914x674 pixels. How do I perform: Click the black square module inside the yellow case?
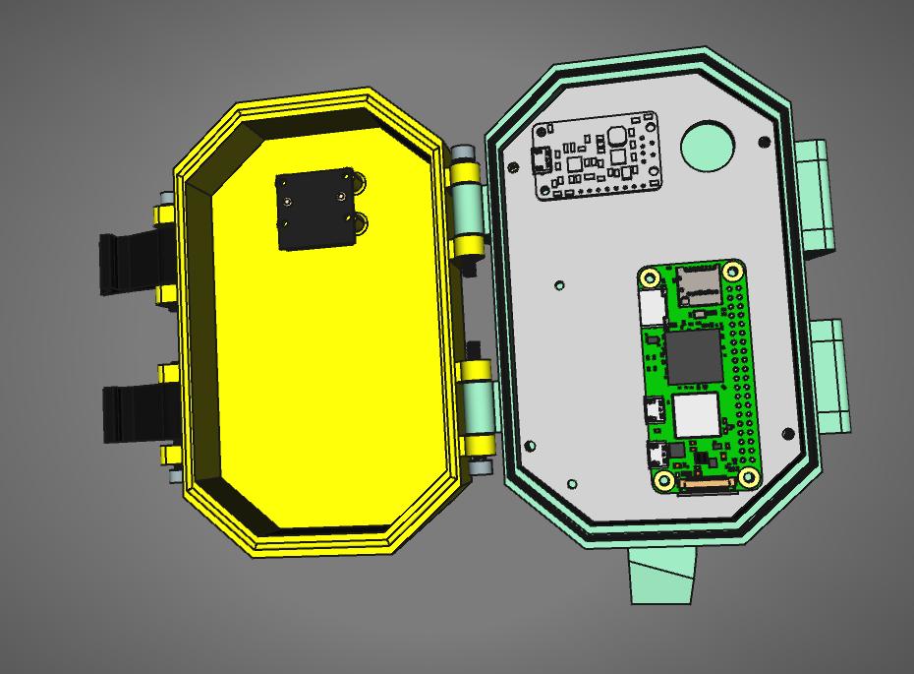tap(314, 210)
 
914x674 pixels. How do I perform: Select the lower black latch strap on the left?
tap(129, 413)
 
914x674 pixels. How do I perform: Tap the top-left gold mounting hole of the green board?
tap(651, 276)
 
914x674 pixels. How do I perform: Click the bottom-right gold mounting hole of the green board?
tap(748, 478)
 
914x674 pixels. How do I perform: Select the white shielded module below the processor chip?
tap(699, 416)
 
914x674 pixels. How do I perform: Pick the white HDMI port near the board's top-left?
tap(652, 308)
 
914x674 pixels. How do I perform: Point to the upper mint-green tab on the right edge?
tap(815, 197)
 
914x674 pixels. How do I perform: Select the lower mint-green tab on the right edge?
tap(830, 375)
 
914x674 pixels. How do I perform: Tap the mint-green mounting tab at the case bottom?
tap(663, 575)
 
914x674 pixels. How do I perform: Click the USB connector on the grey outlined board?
tap(542, 158)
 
